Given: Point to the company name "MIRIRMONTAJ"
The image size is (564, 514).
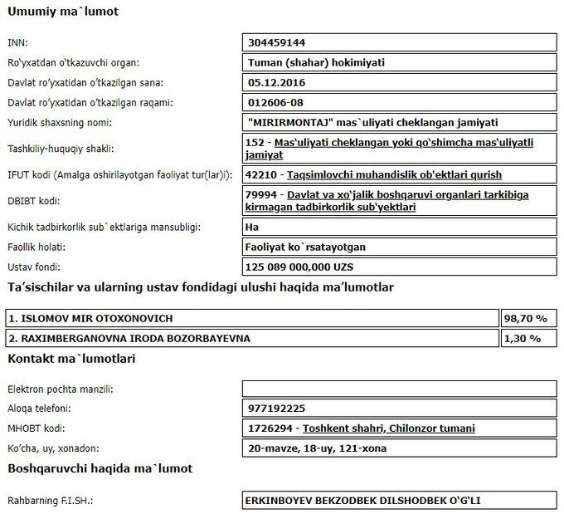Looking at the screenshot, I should (283, 123).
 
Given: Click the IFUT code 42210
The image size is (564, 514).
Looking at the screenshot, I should (263, 174).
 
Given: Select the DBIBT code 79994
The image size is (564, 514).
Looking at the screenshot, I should (263, 193).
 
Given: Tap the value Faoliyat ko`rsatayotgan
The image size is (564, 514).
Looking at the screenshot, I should (306, 247).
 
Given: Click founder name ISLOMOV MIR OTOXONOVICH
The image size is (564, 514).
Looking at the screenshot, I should (90, 319).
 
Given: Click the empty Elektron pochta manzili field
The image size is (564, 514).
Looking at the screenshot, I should (398, 389).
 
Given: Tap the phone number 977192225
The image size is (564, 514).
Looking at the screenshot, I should (277, 409).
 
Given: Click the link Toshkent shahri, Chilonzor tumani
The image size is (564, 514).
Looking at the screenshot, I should (389, 428).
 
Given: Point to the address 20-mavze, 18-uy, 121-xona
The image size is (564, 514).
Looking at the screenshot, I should (316, 448).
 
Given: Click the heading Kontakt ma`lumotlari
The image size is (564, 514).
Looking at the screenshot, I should (71, 359).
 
